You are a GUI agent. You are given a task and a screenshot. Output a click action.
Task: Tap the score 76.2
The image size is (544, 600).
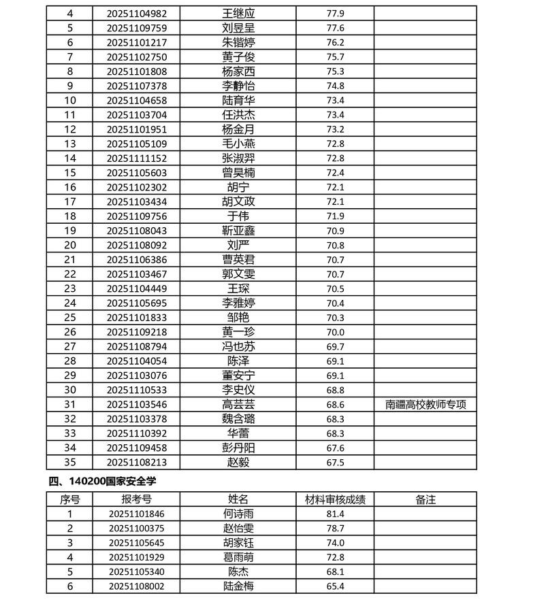(x=336, y=42)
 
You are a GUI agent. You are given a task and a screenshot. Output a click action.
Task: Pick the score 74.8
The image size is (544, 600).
(x=336, y=86)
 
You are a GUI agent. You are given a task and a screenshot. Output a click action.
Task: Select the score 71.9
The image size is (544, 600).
(x=336, y=216)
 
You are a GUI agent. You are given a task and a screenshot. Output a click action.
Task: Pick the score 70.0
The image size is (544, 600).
(x=336, y=332)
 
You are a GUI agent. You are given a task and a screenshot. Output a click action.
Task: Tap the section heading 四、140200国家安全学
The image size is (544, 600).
(x=103, y=482)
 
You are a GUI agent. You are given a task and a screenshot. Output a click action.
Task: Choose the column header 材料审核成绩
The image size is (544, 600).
(x=336, y=499)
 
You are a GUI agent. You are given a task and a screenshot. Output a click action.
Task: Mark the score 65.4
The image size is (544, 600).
(x=336, y=586)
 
